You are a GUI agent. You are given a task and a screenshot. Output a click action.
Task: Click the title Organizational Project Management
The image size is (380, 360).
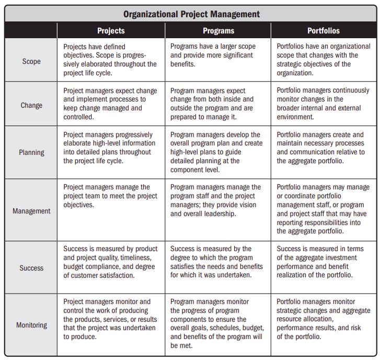point(191,14)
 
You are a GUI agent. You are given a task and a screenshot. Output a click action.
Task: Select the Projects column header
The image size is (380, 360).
point(111,31)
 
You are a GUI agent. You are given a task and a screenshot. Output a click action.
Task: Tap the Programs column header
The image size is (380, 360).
point(218,31)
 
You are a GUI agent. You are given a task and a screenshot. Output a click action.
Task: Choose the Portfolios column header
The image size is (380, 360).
point(324,31)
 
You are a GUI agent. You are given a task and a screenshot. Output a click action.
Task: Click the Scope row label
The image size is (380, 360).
point(31,61)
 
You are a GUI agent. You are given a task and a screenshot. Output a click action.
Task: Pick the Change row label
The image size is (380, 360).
point(31,105)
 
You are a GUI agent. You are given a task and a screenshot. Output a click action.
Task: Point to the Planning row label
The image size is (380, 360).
point(31,152)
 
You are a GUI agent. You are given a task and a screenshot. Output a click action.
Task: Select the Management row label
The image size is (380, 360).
point(31,211)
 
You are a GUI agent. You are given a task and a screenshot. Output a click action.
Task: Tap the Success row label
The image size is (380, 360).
point(31,267)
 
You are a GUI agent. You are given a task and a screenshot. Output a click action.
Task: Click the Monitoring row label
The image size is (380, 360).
point(31,325)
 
